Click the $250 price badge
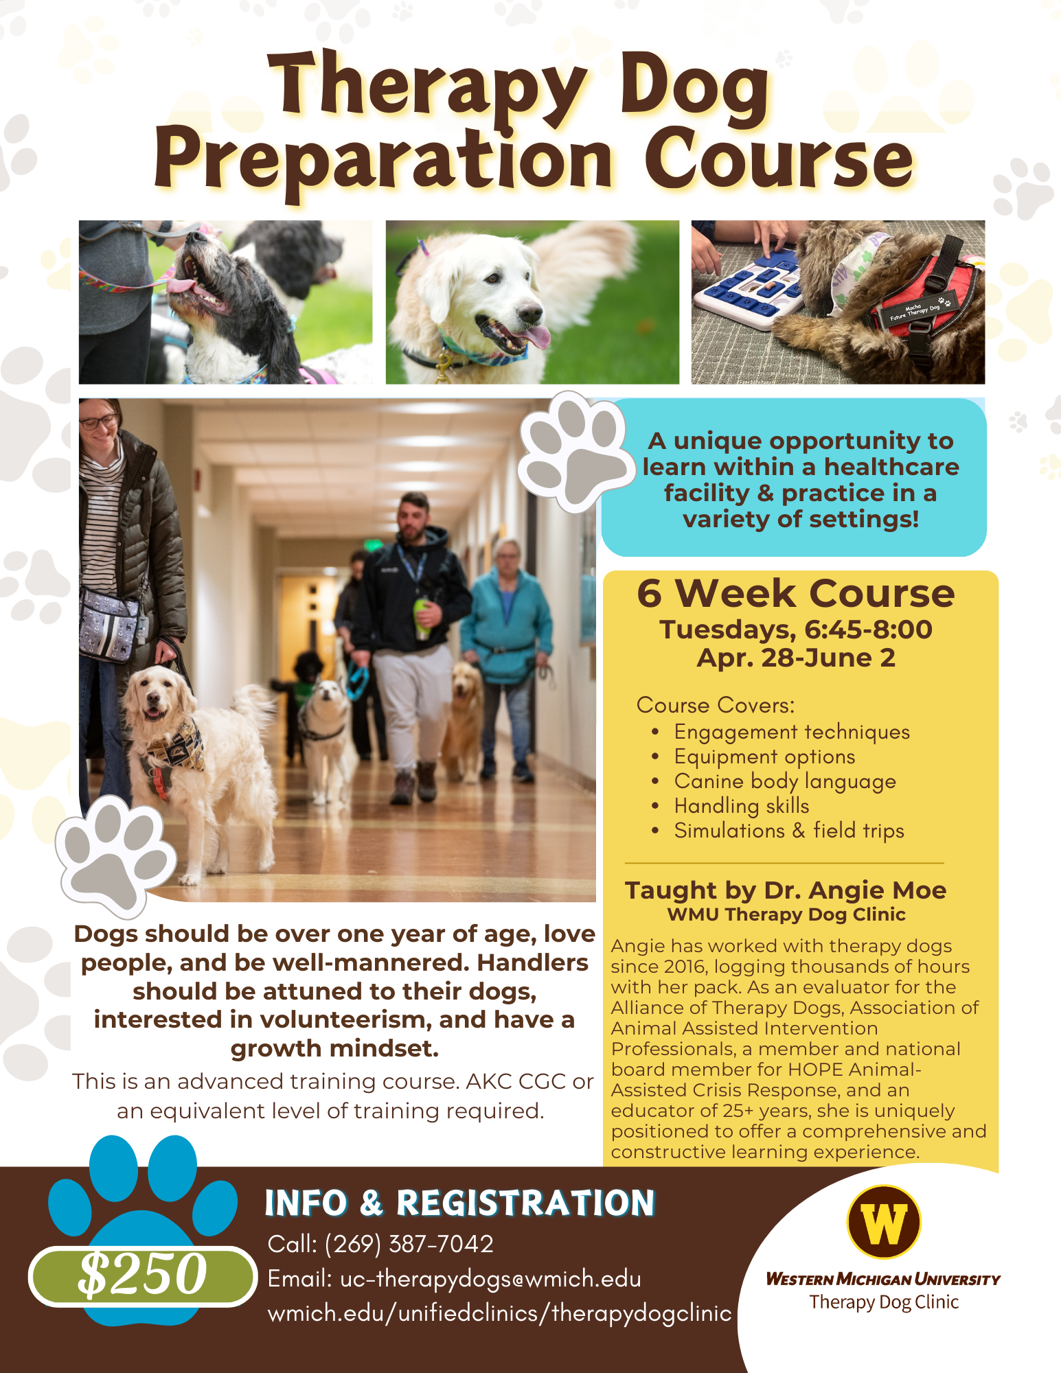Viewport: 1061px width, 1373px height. tap(142, 1275)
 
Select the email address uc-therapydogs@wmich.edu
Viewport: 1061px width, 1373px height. tap(490, 1279)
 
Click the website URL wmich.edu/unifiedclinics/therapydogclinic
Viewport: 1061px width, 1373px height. tap(499, 1313)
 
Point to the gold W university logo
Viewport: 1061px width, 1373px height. tap(883, 1222)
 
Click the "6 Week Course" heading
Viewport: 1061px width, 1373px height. tap(795, 593)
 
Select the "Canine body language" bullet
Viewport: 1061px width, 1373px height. tap(784, 781)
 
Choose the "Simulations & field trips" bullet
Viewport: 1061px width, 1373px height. tap(788, 831)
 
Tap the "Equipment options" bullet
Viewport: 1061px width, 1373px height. tap(764, 757)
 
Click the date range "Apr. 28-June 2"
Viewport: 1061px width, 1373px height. tap(796, 658)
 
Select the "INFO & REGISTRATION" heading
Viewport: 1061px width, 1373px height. tap(459, 1203)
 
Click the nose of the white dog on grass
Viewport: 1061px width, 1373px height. tap(529, 315)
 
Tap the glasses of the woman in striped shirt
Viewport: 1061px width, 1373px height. tap(99, 422)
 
